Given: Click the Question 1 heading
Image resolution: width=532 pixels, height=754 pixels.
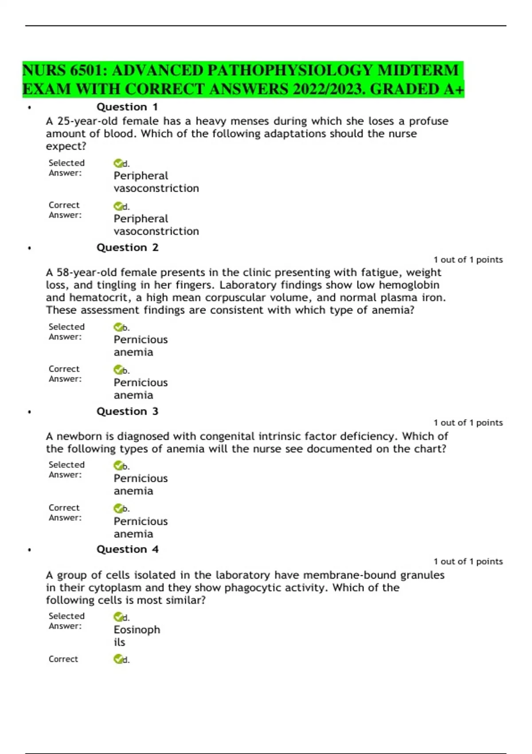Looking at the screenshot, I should [x=127, y=107].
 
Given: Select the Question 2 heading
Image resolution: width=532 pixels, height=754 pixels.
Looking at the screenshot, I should [x=127, y=247].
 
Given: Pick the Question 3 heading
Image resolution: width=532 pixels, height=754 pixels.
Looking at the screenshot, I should [x=127, y=412].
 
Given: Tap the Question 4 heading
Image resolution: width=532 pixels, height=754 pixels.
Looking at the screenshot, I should [x=127, y=550].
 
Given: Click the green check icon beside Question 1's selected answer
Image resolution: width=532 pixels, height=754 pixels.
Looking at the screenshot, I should [x=118, y=163].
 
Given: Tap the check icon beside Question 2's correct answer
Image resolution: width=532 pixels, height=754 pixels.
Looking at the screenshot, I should [x=118, y=369].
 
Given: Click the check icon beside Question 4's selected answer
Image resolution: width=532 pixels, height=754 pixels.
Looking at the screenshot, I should [x=118, y=617].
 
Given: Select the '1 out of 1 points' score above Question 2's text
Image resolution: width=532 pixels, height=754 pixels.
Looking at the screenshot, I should [x=468, y=260].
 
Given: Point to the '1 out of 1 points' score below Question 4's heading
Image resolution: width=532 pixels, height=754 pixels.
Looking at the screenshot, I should [x=468, y=562].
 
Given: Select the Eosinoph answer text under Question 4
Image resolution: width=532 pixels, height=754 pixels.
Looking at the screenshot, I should [x=137, y=630].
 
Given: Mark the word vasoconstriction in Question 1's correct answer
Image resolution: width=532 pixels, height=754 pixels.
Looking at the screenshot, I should [x=156, y=232].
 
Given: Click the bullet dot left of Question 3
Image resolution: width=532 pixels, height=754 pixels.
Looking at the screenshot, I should [x=29, y=412].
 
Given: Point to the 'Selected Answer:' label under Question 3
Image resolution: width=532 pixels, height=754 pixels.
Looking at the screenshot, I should [x=66, y=470].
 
